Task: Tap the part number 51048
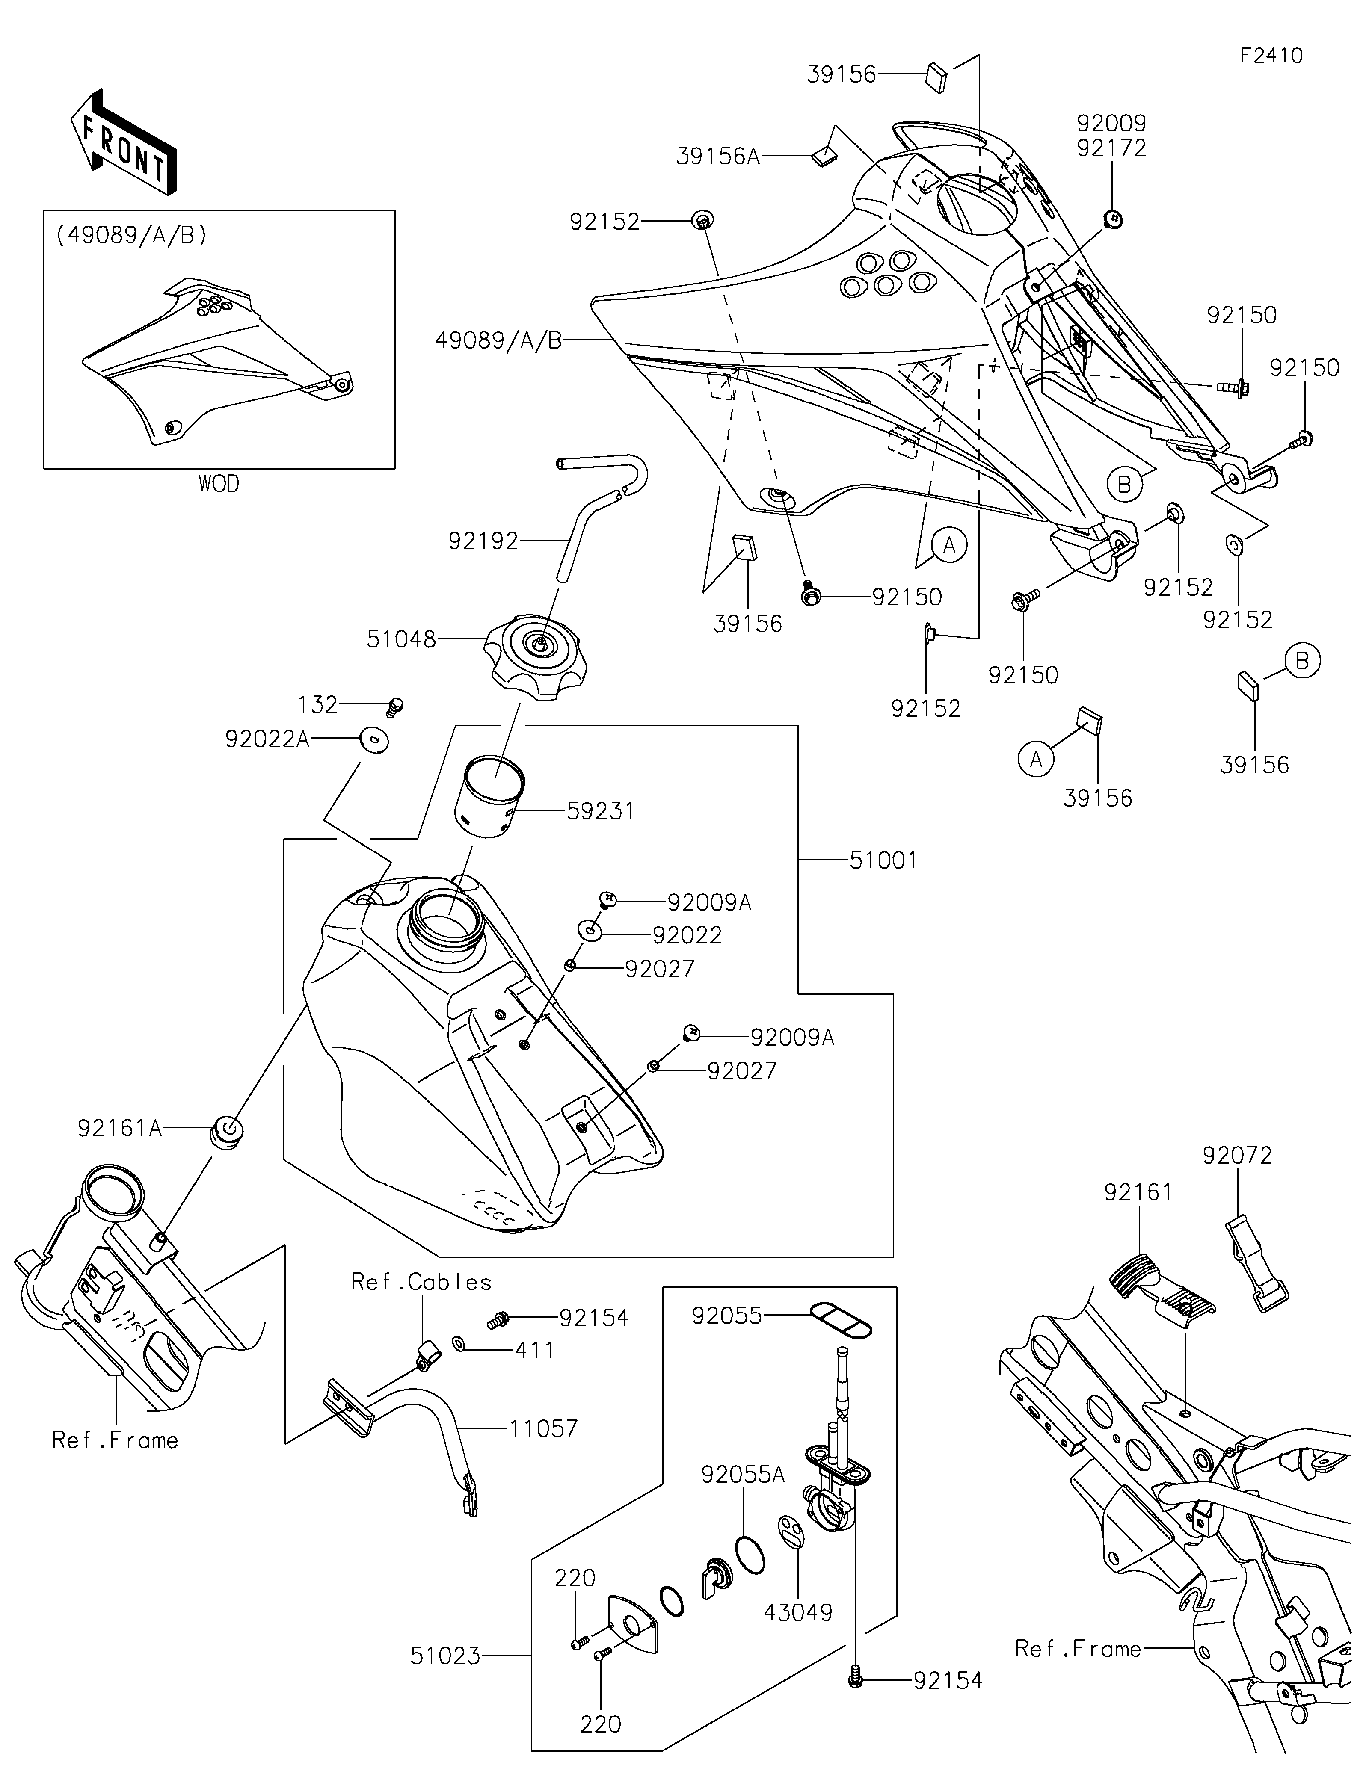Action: point(402,639)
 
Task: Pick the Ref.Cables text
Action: point(421,1282)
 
